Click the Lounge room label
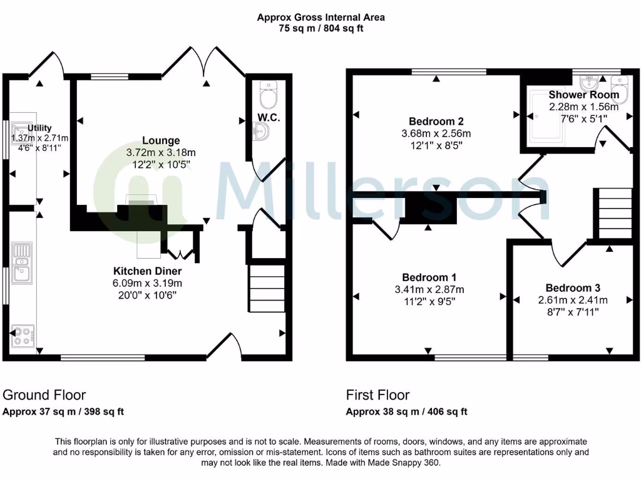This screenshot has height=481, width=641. click(160, 141)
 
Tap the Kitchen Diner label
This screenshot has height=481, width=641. click(147, 271)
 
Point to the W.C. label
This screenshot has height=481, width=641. click(269, 118)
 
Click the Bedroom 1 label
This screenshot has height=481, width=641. click(429, 277)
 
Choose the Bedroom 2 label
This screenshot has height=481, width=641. click(436, 121)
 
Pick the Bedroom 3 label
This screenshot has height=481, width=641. click(572, 287)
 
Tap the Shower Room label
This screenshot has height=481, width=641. click(583, 95)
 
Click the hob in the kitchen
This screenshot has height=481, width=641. click(23, 336)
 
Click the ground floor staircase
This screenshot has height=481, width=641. click(267, 288)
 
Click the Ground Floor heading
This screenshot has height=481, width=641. click(44, 395)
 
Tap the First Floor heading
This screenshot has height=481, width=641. click(377, 395)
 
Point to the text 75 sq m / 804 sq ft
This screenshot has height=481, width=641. click(320, 28)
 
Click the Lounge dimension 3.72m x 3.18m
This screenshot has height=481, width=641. click(160, 153)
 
